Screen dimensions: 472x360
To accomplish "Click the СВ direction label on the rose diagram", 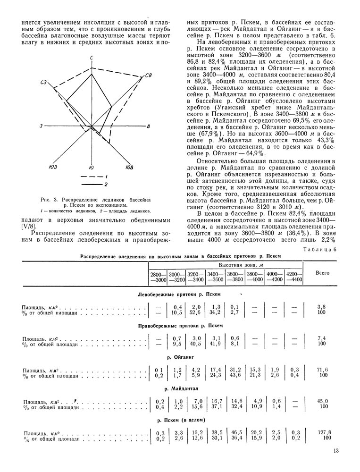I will click(148, 76).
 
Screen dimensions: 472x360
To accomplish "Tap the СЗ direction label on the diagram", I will click(45, 83).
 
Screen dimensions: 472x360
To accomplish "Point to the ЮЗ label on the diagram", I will click(53, 166).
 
